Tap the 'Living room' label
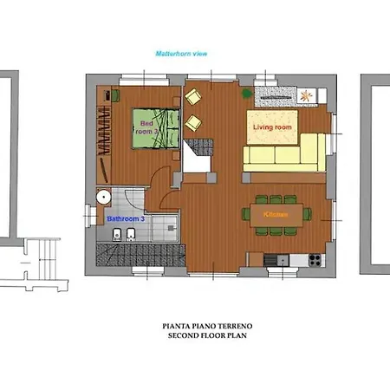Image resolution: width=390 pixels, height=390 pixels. tap(272, 127)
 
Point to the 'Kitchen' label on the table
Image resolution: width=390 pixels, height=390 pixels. tap(276, 212)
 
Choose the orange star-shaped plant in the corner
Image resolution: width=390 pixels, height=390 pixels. tap(309, 96)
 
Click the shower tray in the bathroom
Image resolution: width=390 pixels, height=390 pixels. tap(161, 228)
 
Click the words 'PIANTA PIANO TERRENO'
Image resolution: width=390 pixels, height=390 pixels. tap(196, 327)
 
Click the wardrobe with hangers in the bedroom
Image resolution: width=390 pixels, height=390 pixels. tap(102, 129)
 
